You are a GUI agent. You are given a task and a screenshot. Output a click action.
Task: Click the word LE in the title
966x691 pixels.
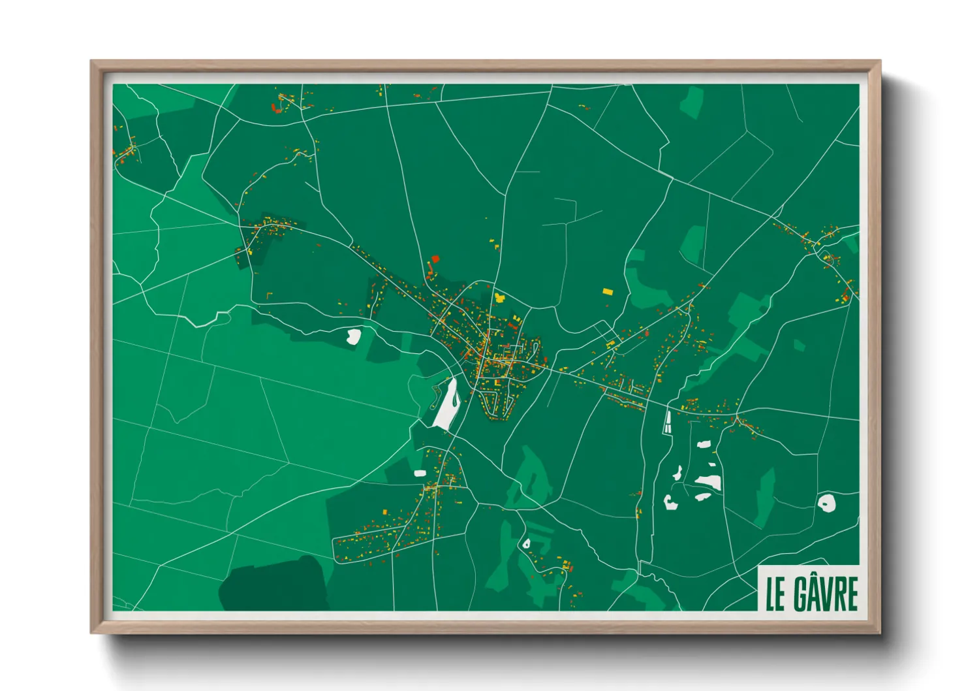[x=775, y=593]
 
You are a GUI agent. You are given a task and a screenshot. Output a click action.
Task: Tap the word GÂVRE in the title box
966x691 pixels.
[x=826, y=593]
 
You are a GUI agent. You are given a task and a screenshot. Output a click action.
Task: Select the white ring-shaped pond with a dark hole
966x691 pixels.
[x=826, y=503]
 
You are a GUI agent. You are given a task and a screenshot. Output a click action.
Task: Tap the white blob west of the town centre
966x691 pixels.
[x=353, y=336]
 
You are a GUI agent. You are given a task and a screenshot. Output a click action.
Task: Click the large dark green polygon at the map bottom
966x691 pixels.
[x=274, y=585]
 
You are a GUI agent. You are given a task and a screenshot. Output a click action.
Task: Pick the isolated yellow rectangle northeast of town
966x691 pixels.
[x=608, y=291]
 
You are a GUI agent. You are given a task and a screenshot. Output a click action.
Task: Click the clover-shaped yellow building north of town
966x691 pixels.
[x=499, y=297]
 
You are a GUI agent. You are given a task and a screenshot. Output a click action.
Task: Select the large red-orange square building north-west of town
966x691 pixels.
[x=435, y=259]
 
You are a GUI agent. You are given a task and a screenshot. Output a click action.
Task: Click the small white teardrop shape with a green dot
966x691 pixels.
[x=526, y=543]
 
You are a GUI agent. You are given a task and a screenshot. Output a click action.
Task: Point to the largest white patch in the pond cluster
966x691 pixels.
[x=709, y=483]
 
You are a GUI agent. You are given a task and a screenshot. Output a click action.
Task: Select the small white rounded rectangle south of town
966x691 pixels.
[x=420, y=473]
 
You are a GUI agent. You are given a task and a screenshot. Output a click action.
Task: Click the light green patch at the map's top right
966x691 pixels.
[x=692, y=102]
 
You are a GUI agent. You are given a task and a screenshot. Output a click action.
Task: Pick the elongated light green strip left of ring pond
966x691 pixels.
[x=764, y=496]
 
